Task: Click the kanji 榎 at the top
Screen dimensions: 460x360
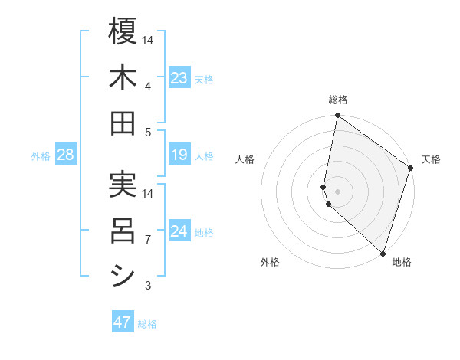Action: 123,34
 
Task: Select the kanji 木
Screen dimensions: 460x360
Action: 123,78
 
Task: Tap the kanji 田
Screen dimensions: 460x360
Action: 123,123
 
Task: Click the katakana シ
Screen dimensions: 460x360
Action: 123,276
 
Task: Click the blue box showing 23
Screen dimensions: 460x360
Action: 179,78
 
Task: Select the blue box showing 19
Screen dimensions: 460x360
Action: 179,155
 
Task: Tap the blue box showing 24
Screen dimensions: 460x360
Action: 179,232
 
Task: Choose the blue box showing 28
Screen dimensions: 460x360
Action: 66,155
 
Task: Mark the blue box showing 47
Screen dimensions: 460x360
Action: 123,322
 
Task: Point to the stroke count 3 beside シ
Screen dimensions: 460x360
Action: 149,286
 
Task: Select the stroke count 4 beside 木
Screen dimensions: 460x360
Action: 149,87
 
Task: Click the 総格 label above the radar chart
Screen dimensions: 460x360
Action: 338,100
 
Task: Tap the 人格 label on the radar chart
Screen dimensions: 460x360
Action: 245,160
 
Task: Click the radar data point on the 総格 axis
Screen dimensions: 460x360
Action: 337,116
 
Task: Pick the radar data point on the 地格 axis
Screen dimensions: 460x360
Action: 382,253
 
